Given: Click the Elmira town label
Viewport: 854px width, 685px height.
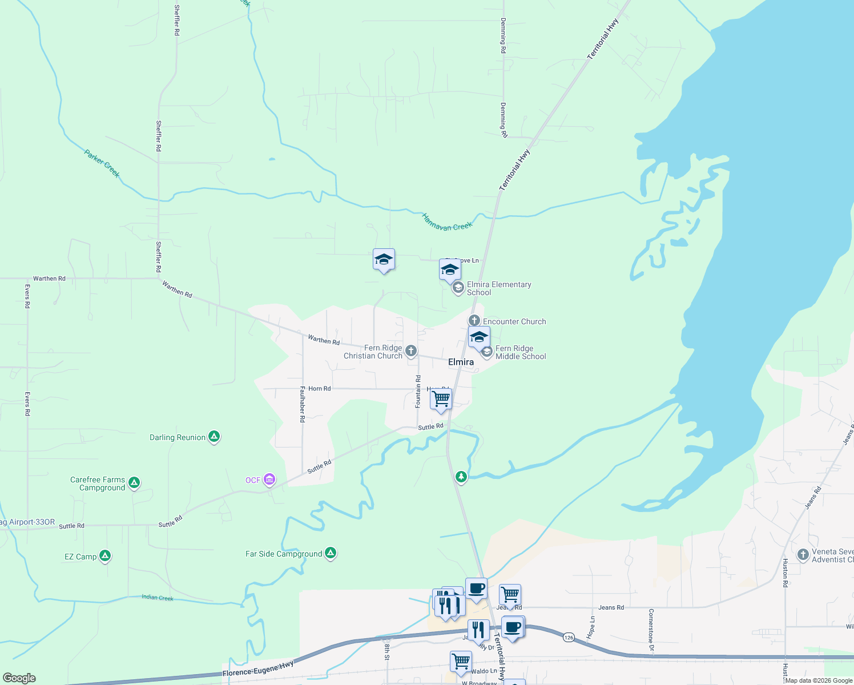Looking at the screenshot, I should coord(461,362).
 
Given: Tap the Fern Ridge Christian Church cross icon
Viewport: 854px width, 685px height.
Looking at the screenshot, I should coord(411,350).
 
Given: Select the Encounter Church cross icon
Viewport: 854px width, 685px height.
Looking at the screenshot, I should coord(474,321).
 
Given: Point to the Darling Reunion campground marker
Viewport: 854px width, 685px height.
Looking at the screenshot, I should coord(214,437).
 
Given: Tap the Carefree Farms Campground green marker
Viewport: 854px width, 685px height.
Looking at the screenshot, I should coord(134,483).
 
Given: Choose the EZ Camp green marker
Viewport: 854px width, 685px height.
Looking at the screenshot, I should coord(104,555).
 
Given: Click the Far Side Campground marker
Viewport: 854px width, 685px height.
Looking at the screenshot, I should coord(331,553).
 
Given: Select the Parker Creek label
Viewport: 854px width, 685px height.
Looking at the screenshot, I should coord(102,164).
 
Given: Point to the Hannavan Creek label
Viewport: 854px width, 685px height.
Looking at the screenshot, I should coord(447,222).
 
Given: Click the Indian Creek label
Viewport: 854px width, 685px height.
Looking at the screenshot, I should coord(158,598).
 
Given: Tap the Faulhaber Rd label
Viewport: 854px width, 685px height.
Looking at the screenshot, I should coord(303,404).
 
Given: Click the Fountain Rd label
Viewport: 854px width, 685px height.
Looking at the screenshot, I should coord(418,392).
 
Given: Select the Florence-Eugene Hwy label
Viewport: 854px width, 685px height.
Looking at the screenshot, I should coord(258,669).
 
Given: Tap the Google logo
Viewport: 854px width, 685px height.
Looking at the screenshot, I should coord(19,678).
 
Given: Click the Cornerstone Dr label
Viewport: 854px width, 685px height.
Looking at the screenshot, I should coord(650,630).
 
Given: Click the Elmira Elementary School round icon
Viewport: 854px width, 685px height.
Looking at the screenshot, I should coord(458,288).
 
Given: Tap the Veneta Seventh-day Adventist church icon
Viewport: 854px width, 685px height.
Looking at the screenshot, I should coord(803,554).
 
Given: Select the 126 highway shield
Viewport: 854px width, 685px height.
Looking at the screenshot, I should coord(568,636).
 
